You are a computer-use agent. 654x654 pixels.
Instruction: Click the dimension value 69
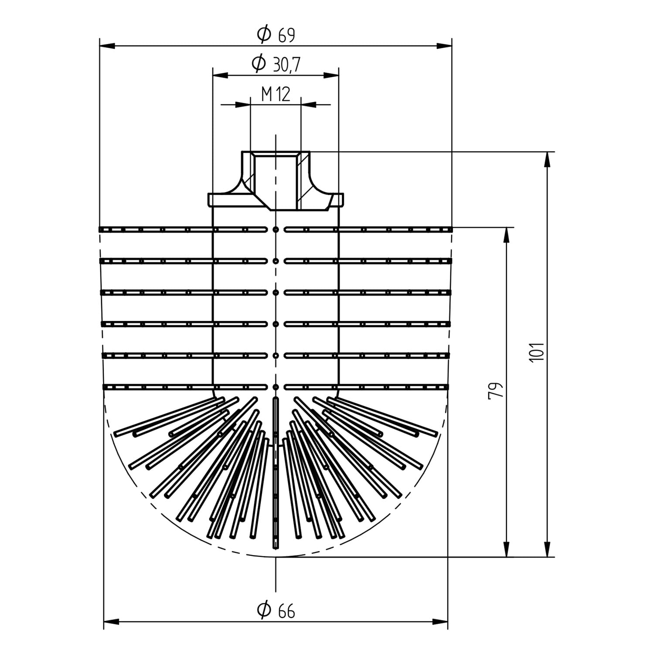tap(286, 35)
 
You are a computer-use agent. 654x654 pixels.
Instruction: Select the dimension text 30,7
tap(286, 65)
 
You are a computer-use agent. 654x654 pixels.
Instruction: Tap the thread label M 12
tap(276, 94)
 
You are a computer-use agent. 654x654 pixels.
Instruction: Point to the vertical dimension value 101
tap(537, 351)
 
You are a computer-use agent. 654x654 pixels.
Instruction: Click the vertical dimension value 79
tap(496, 390)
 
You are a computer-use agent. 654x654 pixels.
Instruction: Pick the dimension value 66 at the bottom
tap(286, 611)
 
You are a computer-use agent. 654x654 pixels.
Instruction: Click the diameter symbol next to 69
tap(264, 34)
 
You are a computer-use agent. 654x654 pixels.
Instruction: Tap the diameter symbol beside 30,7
tap(259, 64)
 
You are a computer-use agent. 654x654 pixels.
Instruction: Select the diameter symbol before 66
tap(264, 610)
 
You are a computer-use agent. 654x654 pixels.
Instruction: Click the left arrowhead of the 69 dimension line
tap(107, 46)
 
